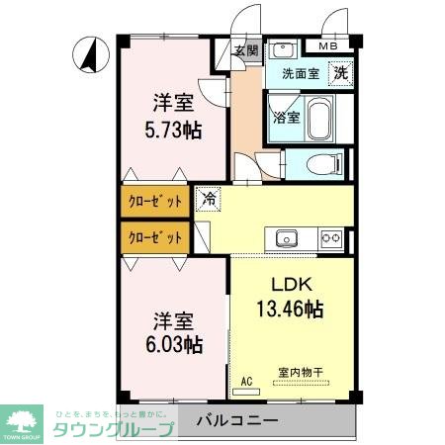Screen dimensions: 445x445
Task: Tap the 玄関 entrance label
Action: [246, 50]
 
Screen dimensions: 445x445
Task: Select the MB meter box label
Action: [325, 44]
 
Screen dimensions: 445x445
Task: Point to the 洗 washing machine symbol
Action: [340, 72]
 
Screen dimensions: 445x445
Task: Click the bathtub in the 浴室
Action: [319, 122]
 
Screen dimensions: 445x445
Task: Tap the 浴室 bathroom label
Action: [285, 116]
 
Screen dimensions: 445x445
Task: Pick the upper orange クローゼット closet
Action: [156, 202]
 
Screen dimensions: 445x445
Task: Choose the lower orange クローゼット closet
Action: [156, 237]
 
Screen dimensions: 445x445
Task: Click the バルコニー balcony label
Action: [236, 421]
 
